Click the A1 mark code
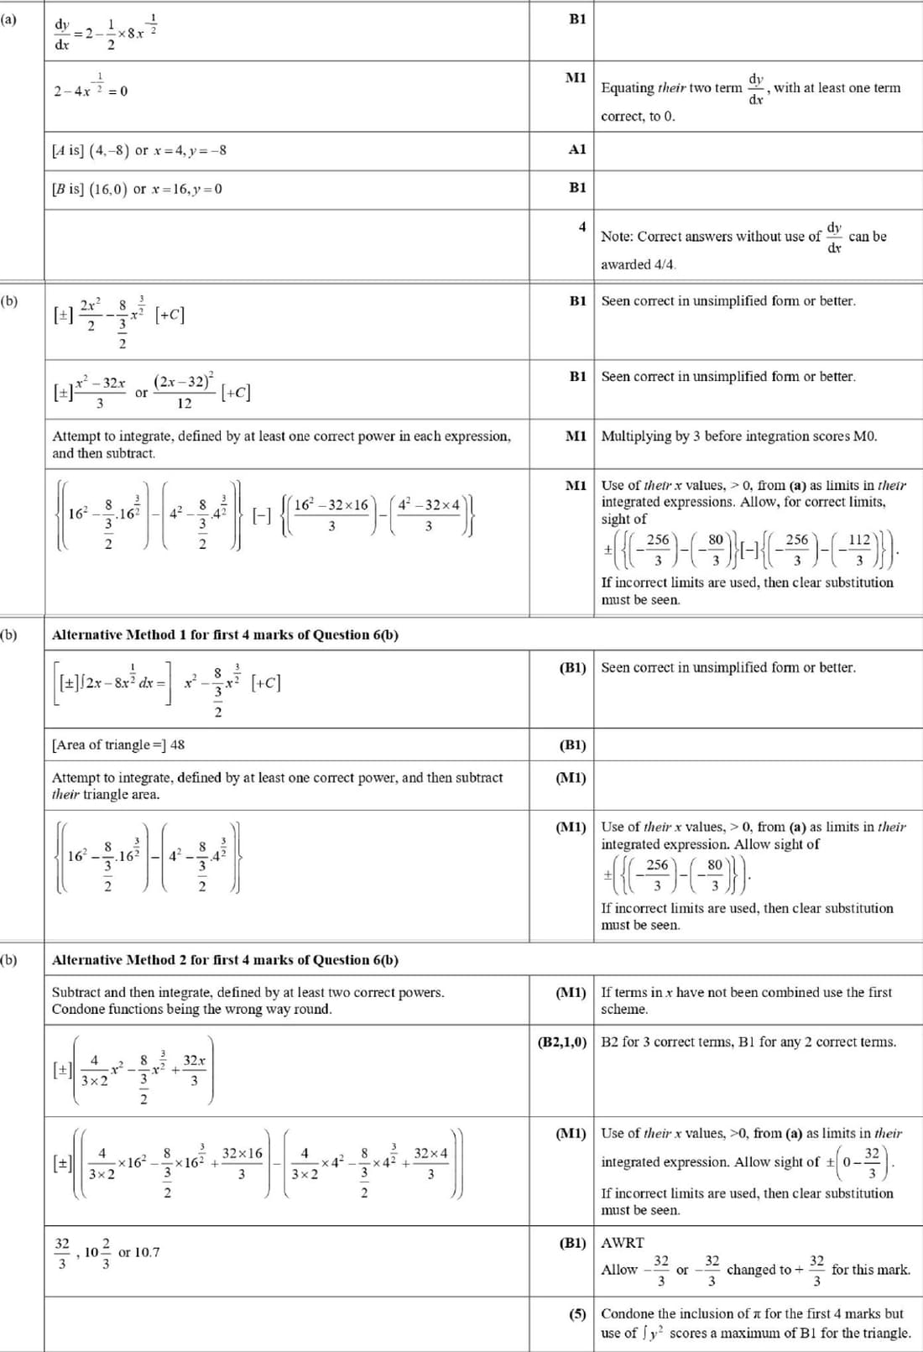pos(577,149)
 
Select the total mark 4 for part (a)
pos(581,227)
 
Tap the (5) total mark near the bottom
pos(577,1313)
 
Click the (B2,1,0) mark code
pos(562,1042)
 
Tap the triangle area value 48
pos(177,744)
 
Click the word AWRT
pos(623,1243)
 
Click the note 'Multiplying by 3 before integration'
pos(739,436)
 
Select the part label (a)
pos(9,18)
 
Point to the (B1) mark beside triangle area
pos(572,744)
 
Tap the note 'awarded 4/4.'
pos(638,264)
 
